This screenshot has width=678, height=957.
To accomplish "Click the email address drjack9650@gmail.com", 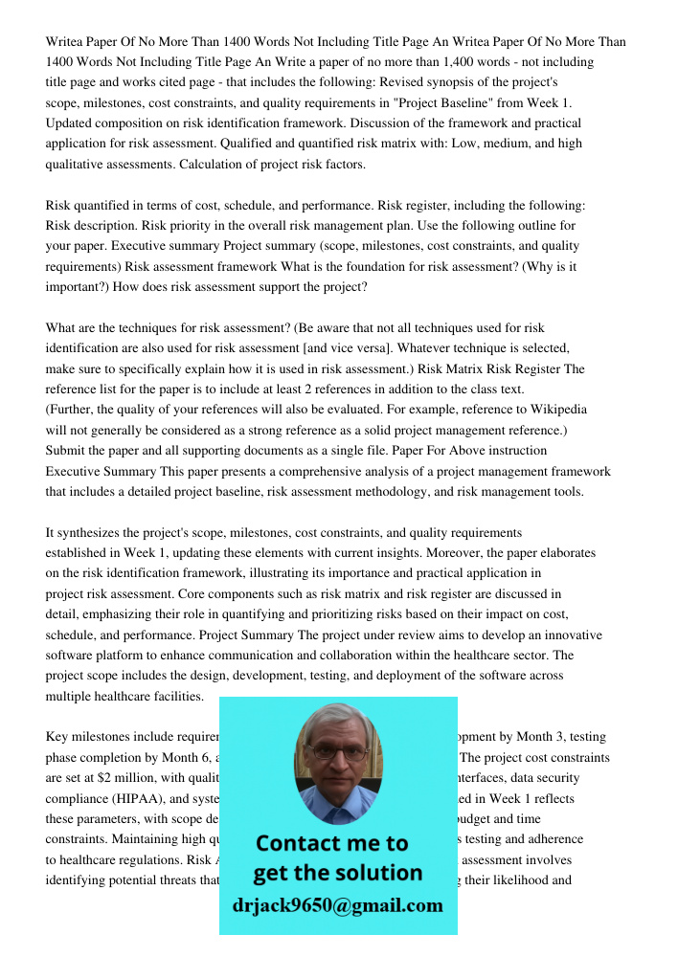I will click(338, 904).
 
